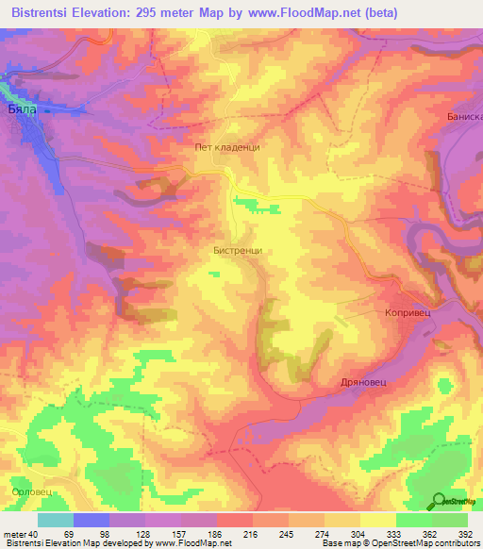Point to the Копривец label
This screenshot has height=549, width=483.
408,311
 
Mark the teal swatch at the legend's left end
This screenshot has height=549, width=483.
55,520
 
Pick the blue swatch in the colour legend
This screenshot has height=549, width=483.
92,520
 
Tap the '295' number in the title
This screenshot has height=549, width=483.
163,13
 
